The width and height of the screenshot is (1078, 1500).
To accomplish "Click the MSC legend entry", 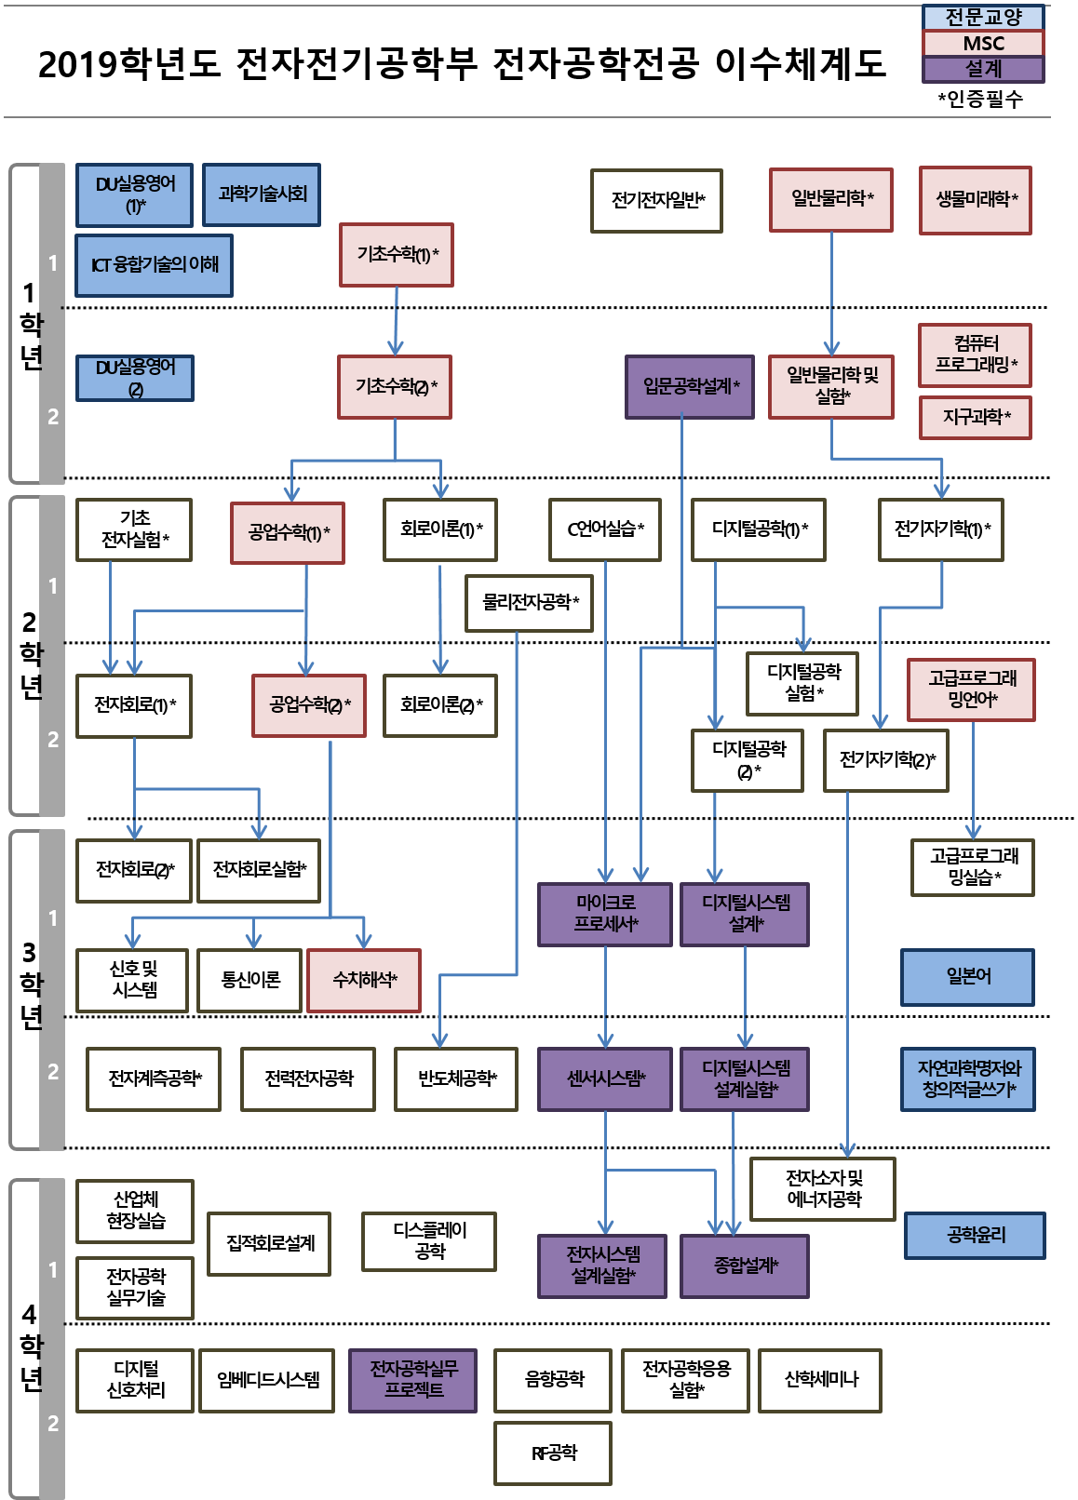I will coord(983,43).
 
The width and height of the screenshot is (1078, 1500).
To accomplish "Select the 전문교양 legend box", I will coord(983,17).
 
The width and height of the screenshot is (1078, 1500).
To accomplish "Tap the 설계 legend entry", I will coord(983,69).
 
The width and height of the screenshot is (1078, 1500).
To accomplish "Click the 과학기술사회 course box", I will coord(262,194).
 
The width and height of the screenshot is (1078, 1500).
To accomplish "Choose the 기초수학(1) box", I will coord(397,254).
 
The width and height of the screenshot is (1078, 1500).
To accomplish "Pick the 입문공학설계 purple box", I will coord(690,386).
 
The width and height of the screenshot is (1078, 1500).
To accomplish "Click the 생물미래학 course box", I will coord(976,199).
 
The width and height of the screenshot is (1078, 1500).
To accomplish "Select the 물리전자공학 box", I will coord(530,603).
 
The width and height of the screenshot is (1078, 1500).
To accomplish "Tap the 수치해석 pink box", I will coord(364,980).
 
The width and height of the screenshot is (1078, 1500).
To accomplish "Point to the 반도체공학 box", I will coord(456,1078).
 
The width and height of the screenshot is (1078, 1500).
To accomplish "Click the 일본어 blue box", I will coord(968,976).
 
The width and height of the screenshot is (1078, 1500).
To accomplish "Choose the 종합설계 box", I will coord(745,1266).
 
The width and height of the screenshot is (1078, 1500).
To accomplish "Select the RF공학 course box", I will coord(553,1453).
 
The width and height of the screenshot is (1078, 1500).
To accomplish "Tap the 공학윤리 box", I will coord(976,1235).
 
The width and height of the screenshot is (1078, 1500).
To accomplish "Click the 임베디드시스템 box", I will coord(267,1379).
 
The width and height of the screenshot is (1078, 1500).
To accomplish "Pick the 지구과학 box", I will coord(976,417).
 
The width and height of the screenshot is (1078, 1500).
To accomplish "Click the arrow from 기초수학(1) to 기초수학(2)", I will coord(396,321).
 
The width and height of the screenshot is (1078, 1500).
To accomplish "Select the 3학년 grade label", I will coord(32,984).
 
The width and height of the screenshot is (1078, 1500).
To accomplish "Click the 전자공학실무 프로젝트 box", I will coord(413,1379).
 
